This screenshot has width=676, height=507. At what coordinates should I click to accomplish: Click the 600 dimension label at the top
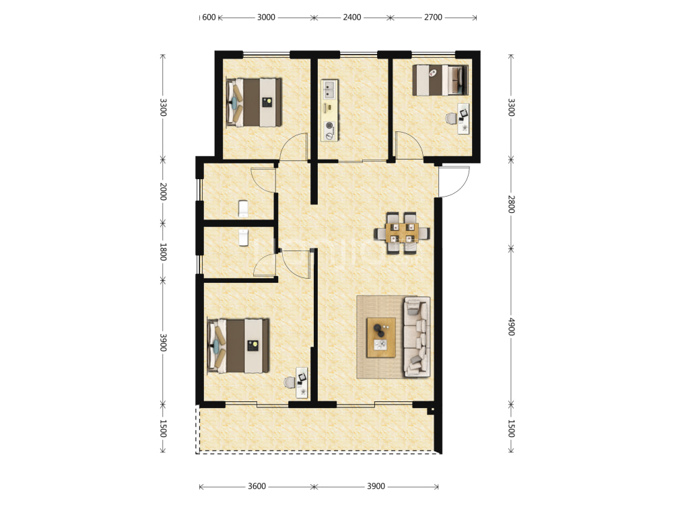click(209, 18)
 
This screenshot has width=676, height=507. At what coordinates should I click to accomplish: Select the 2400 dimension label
click(351, 18)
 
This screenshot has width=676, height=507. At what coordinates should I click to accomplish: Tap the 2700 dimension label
click(433, 18)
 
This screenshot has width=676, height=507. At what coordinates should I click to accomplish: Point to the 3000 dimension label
click(266, 18)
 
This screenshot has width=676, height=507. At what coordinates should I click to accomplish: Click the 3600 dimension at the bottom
click(257, 486)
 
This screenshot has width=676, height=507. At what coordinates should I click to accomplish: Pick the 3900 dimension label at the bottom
click(376, 486)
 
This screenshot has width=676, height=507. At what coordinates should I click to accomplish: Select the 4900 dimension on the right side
click(511, 327)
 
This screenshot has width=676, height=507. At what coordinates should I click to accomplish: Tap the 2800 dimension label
click(511, 204)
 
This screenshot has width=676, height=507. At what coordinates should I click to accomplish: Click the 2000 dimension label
click(163, 191)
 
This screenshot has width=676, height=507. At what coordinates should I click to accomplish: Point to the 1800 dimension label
click(163, 252)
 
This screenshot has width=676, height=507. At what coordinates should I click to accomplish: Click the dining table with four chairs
click(402, 233)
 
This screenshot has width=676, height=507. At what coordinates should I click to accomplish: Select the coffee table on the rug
click(381, 337)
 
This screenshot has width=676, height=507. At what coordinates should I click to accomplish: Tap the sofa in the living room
click(417, 337)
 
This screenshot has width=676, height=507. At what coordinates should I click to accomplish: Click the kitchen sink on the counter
click(330, 90)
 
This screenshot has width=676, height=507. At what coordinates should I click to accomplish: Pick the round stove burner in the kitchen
click(330, 125)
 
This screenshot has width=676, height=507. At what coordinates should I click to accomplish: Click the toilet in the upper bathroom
click(244, 209)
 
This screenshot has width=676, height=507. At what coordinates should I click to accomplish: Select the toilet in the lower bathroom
click(244, 238)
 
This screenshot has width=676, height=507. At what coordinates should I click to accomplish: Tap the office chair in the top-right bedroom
click(451, 118)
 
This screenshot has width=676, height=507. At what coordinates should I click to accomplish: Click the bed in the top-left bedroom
click(254, 102)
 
